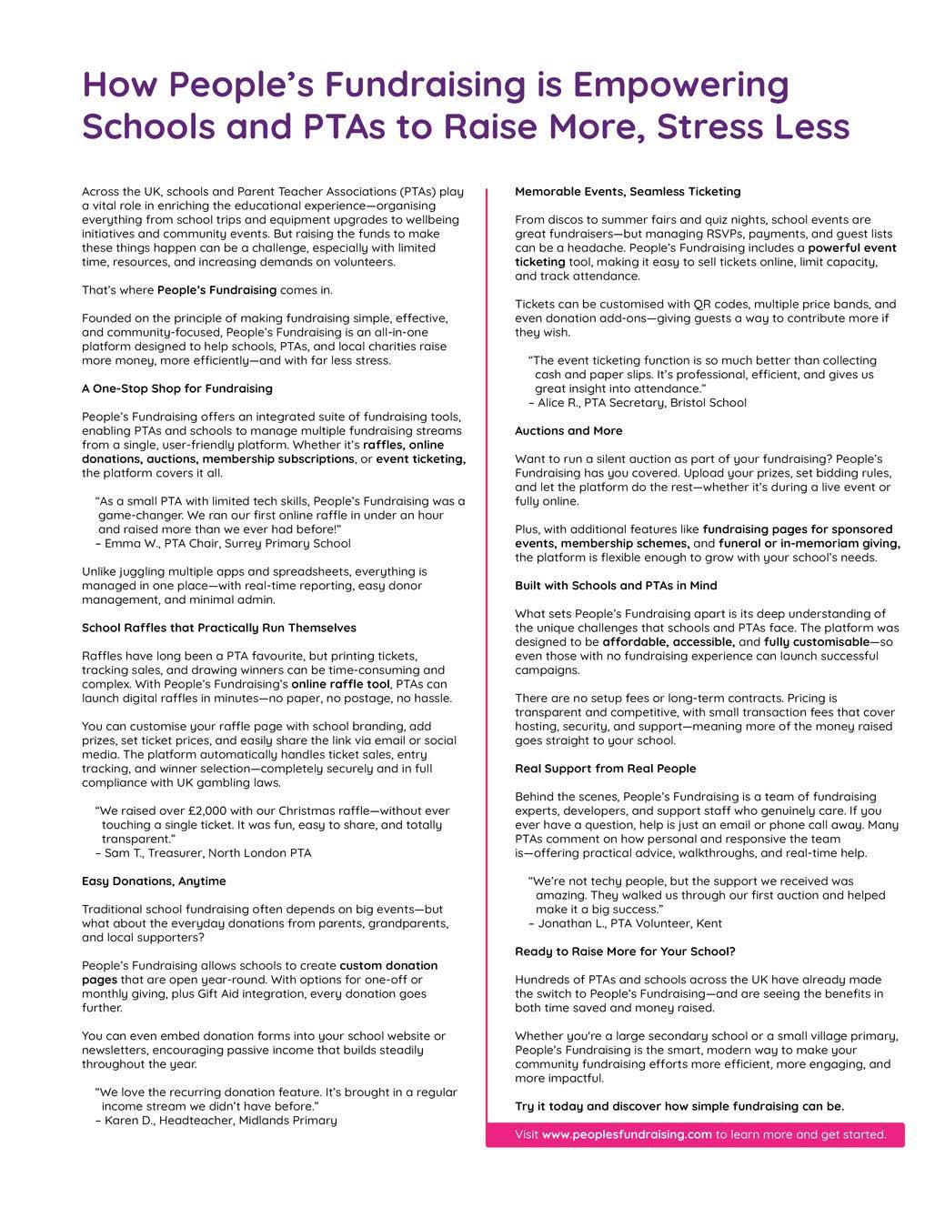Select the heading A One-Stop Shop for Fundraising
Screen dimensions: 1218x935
coord(177,388)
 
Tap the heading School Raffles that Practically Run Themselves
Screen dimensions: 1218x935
coord(219,628)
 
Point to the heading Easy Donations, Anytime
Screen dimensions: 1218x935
coord(154,881)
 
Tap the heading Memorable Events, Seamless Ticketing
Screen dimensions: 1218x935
coord(628,191)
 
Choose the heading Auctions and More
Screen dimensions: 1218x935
coord(568,430)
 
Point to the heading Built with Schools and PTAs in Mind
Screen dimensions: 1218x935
coord(616,585)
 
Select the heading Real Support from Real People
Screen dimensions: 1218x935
coord(605,769)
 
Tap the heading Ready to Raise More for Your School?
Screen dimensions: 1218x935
coord(625,951)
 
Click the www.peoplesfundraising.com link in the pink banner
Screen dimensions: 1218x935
coord(627,1134)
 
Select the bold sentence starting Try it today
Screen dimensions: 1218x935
coord(679,1106)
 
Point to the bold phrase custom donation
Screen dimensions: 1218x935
coord(388,965)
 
